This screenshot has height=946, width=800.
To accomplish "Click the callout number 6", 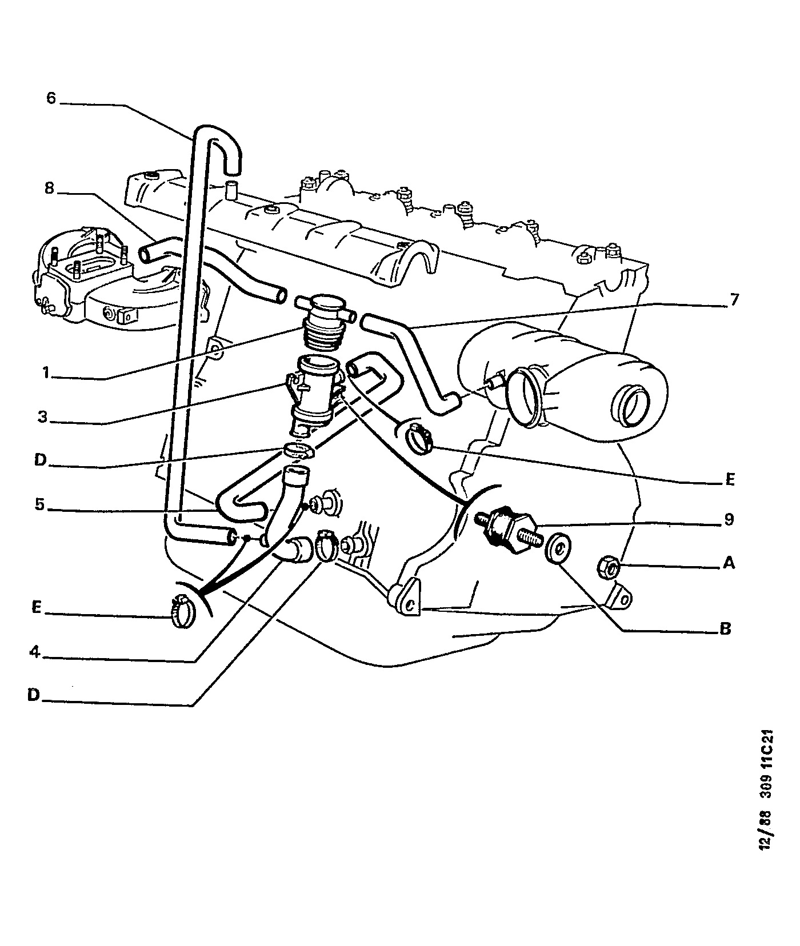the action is pos(51,98).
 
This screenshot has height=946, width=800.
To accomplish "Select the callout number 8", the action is pos(50,188).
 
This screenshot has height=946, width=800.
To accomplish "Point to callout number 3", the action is pos(42,416).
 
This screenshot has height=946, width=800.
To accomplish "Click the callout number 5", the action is pos(40,504).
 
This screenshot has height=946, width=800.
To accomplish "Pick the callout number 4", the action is pos(35,651).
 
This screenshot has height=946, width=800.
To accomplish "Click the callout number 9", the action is pos(728,519).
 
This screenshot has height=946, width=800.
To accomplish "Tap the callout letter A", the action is pos(729,563).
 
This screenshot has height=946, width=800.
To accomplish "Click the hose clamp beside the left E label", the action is pos(182,610).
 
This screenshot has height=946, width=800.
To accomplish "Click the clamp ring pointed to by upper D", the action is pos(298,450).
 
